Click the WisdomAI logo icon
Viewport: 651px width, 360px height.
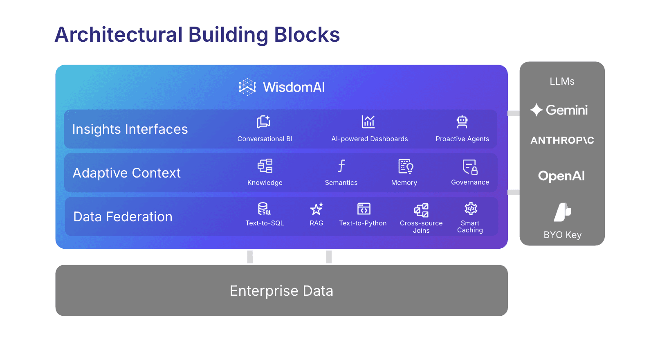pos(247,87)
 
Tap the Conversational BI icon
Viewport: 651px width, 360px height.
pos(264,122)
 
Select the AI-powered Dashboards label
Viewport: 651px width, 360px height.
pos(369,139)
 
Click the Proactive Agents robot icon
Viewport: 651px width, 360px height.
pos(462,122)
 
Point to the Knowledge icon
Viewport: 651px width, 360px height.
pos(265,166)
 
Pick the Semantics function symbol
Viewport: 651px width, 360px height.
pos(341,166)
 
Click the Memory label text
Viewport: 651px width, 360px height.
pos(404,183)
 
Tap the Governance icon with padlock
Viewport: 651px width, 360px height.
pos(470,166)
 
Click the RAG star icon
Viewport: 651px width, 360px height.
pos(317,209)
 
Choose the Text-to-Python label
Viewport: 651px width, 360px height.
pos(363,223)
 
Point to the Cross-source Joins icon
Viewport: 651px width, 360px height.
pos(421,210)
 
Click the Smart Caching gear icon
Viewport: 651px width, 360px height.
pos(471,209)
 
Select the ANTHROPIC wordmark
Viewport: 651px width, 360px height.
pos(562,141)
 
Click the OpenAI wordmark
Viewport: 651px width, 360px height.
pos(561,176)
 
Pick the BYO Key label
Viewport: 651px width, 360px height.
pos(562,235)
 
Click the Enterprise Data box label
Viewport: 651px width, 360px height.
pos(281,291)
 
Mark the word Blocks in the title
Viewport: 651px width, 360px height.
pos(307,35)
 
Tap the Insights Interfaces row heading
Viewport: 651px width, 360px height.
pos(130,129)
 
